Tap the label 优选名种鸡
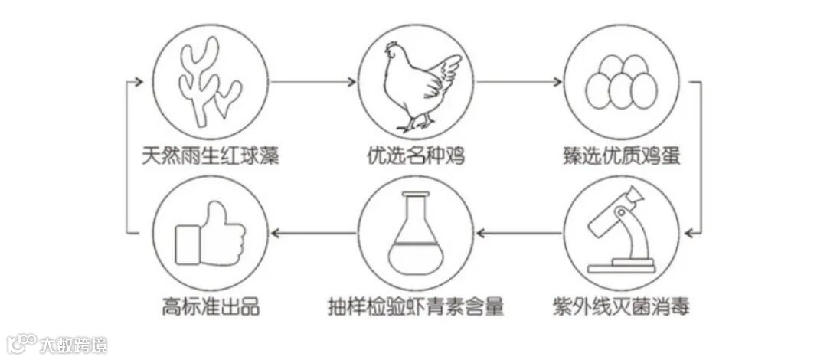click(x=415, y=156)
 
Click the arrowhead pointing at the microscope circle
click(x=691, y=231)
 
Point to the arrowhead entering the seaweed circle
click(x=140, y=80)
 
